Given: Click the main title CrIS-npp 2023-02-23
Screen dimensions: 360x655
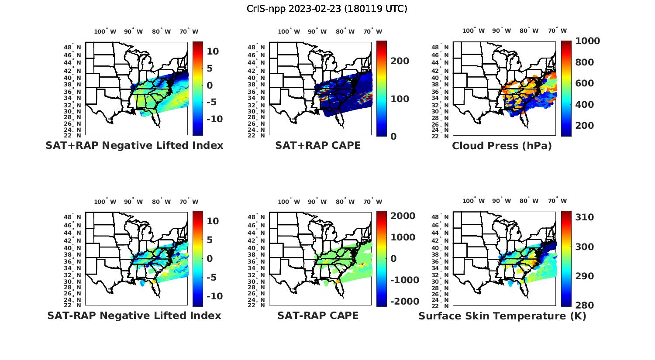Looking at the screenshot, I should click(327, 9).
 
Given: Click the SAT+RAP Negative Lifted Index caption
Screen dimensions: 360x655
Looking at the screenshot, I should click(134, 145).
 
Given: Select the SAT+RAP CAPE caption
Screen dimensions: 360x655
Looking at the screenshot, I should click(318, 145).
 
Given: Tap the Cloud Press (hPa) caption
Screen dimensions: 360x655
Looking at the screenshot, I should click(502, 146).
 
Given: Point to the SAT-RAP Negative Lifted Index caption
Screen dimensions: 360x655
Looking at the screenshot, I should click(134, 315).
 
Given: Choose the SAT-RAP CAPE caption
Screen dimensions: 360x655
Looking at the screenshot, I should click(318, 315).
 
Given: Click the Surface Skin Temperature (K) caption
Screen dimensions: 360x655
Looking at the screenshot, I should click(502, 316).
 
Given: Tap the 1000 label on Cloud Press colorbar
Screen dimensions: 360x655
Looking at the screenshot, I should click(587, 41).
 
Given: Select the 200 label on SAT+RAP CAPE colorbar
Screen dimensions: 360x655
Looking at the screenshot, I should click(400, 61).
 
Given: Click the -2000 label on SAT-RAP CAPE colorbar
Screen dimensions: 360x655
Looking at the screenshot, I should click(404, 302).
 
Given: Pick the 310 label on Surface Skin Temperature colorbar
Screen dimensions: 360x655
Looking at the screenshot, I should click(584, 217).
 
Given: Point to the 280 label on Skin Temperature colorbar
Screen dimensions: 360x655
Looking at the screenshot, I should click(584, 305).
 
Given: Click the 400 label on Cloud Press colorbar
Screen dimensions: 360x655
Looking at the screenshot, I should click(584, 105).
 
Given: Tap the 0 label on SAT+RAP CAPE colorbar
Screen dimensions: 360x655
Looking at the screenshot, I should click(394, 137).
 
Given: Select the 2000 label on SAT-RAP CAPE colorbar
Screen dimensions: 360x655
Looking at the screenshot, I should click(403, 216).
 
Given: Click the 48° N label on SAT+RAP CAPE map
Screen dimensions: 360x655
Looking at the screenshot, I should click(256, 47).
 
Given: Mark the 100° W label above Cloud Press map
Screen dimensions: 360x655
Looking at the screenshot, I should click(474, 31).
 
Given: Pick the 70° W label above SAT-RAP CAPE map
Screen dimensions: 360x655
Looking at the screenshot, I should click(372, 202).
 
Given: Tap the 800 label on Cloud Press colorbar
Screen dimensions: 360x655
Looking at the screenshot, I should click(584, 62).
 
